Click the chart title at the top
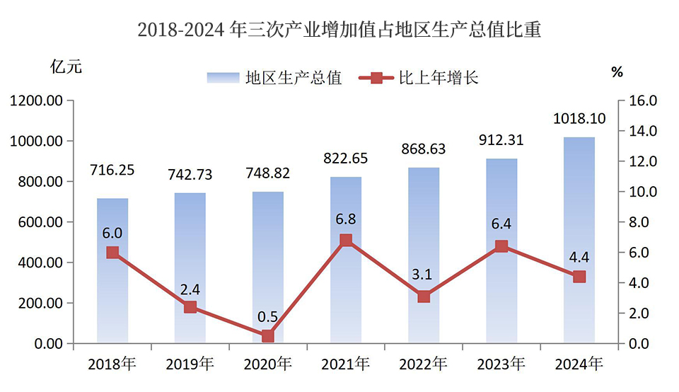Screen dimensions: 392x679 click(339, 30)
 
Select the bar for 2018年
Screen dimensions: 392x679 click(112, 283)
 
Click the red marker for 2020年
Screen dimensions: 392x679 click(268, 336)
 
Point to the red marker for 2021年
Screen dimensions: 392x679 click(346, 241)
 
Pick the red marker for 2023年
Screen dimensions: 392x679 click(501, 246)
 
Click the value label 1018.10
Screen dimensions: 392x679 click(579, 118)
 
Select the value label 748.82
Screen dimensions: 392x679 click(268, 173)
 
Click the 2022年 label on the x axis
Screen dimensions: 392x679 click(423, 364)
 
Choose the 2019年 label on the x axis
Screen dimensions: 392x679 click(190, 364)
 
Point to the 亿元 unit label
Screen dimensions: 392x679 click(66, 68)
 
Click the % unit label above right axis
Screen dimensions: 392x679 click(617, 71)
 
